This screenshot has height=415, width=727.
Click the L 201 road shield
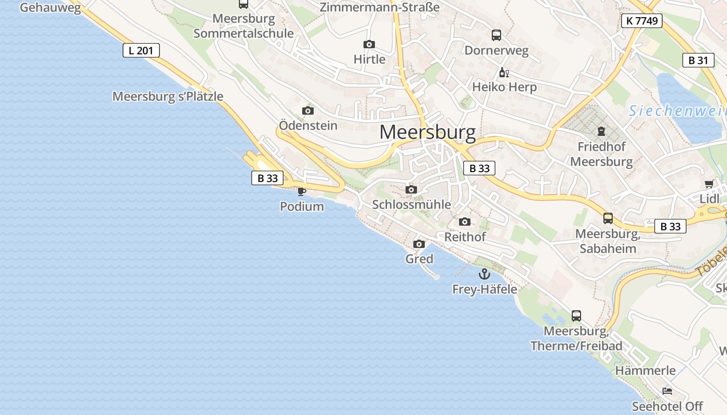[x=141, y=50]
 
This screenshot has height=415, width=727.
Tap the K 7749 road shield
[x=642, y=21]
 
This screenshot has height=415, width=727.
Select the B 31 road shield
[x=698, y=60]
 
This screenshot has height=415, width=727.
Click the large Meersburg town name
[x=427, y=133]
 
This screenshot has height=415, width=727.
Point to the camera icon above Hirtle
[x=369, y=45]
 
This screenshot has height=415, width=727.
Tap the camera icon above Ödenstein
[x=308, y=110]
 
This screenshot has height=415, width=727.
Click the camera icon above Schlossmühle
[x=411, y=190]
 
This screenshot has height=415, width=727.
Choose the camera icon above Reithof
[x=465, y=222]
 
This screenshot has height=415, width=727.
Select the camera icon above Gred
[x=419, y=244]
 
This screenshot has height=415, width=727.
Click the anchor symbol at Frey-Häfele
[x=484, y=274]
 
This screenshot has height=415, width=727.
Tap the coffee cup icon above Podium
[x=301, y=191]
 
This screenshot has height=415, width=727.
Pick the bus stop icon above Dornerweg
[x=496, y=35]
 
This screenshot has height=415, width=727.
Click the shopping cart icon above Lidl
[x=709, y=184]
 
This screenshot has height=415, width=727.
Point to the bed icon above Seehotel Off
[x=667, y=391]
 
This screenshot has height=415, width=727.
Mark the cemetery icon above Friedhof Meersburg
[x=601, y=131]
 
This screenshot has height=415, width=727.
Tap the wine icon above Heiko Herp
[x=503, y=72]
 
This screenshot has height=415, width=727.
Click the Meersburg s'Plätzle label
[x=168, y=96]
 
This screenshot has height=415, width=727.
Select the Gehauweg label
[x=50, y=7]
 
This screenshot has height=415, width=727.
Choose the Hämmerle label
[x=645, y=370]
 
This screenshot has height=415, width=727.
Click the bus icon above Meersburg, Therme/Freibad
[x=576, y=315]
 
